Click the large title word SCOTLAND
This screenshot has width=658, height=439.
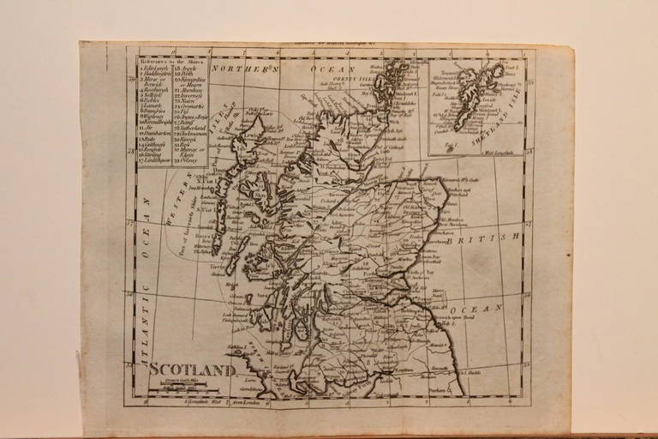(x=194, y=370)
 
